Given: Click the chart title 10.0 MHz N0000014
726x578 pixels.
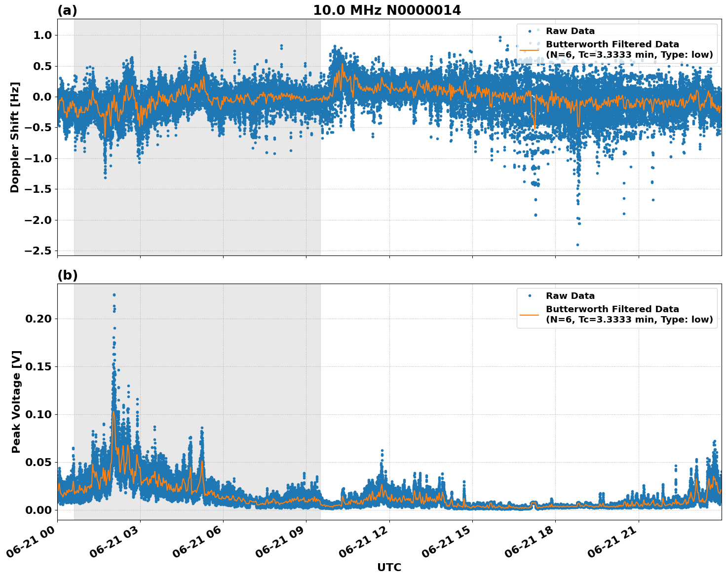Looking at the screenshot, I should point(387,10).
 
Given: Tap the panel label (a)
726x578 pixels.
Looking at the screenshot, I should point(67,10).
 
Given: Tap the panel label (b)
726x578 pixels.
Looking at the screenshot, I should point(67,276).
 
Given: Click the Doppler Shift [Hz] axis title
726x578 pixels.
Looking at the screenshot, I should point(15,137).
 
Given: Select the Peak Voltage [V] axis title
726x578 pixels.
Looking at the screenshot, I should point(16,401).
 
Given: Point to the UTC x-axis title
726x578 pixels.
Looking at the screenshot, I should point(389,567).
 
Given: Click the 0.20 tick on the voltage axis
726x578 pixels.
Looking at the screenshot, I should point(38,319).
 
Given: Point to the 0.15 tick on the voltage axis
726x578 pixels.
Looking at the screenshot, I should point(38,366).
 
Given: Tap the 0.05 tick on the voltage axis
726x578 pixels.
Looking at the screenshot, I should point(38,462).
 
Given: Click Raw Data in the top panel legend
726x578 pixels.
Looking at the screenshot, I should point(570,31).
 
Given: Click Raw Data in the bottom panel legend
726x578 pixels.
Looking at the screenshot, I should point(570,296).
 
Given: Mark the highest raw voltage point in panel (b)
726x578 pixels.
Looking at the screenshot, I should point(114,295).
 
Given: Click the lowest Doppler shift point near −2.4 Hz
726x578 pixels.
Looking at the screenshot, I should point(577,245).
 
